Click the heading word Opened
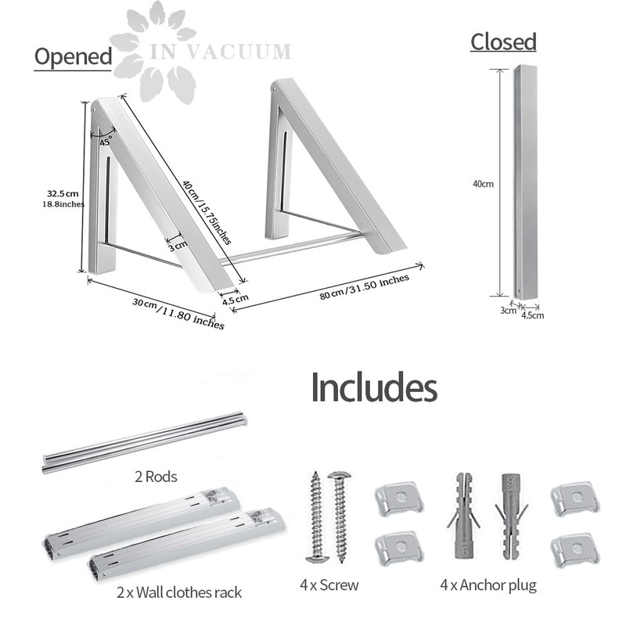pos(73,56)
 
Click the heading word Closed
pos(503,42)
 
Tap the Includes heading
pos(374,387)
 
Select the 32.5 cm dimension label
pos(63,193)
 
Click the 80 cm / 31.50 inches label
pos(365,286)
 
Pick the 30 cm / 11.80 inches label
pos(178,314)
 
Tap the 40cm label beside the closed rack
pos(483,184)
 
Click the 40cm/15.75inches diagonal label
pos(207,212)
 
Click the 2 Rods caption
pos(156,477)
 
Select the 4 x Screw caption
pos(329,585)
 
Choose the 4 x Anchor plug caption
pos(488,585)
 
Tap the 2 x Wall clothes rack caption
pos(179,592)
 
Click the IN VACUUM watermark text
pos(221,52)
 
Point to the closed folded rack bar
pos(525,182)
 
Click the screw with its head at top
pos(340,517)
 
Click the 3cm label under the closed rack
pos(508,310)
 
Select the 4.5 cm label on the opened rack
pos(236,299)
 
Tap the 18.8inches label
pos(63,204)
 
